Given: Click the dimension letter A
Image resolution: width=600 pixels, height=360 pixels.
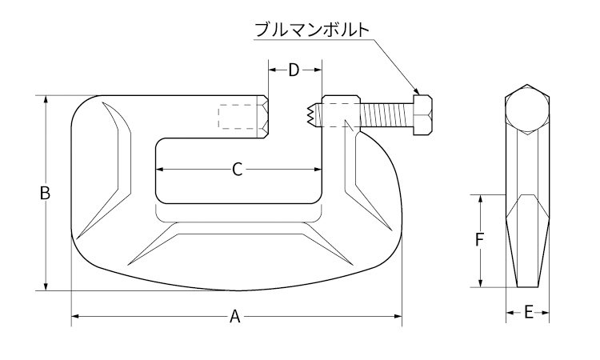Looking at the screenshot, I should click(x=235, y=317).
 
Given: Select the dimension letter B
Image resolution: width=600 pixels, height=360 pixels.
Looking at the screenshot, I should click(x=46, y=193).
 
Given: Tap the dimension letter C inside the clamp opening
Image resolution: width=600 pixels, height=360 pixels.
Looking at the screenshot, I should click(x=237, y=169).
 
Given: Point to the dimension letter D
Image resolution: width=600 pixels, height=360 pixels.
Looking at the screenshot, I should click(x=294, y=70).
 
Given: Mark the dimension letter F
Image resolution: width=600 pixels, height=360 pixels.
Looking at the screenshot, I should click(x=479, y=240).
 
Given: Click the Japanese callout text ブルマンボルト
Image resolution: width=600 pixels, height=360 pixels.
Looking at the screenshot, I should click(x=311, y=30).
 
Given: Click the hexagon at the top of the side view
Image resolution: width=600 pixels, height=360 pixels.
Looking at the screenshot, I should click(x=528, y=109).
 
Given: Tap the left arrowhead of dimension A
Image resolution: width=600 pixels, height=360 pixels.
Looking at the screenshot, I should click(x=74, y=317).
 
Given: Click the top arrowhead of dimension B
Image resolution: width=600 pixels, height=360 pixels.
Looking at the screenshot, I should click(x=46, y=99).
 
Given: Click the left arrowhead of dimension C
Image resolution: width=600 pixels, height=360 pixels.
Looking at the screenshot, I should click(x=158, y=169).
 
